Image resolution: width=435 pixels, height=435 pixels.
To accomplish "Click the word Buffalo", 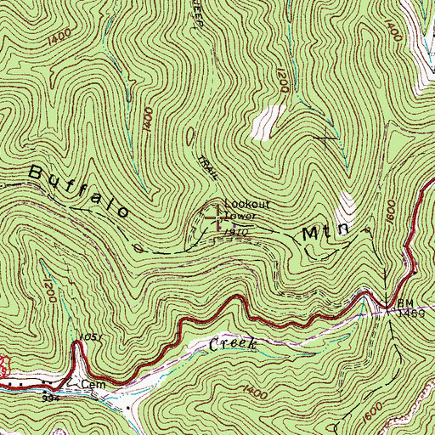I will click(80, 193).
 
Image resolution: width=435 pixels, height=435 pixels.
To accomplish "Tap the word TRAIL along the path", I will click(206, 167).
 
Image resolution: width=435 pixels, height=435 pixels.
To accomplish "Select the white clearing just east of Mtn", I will click(346, 204).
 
